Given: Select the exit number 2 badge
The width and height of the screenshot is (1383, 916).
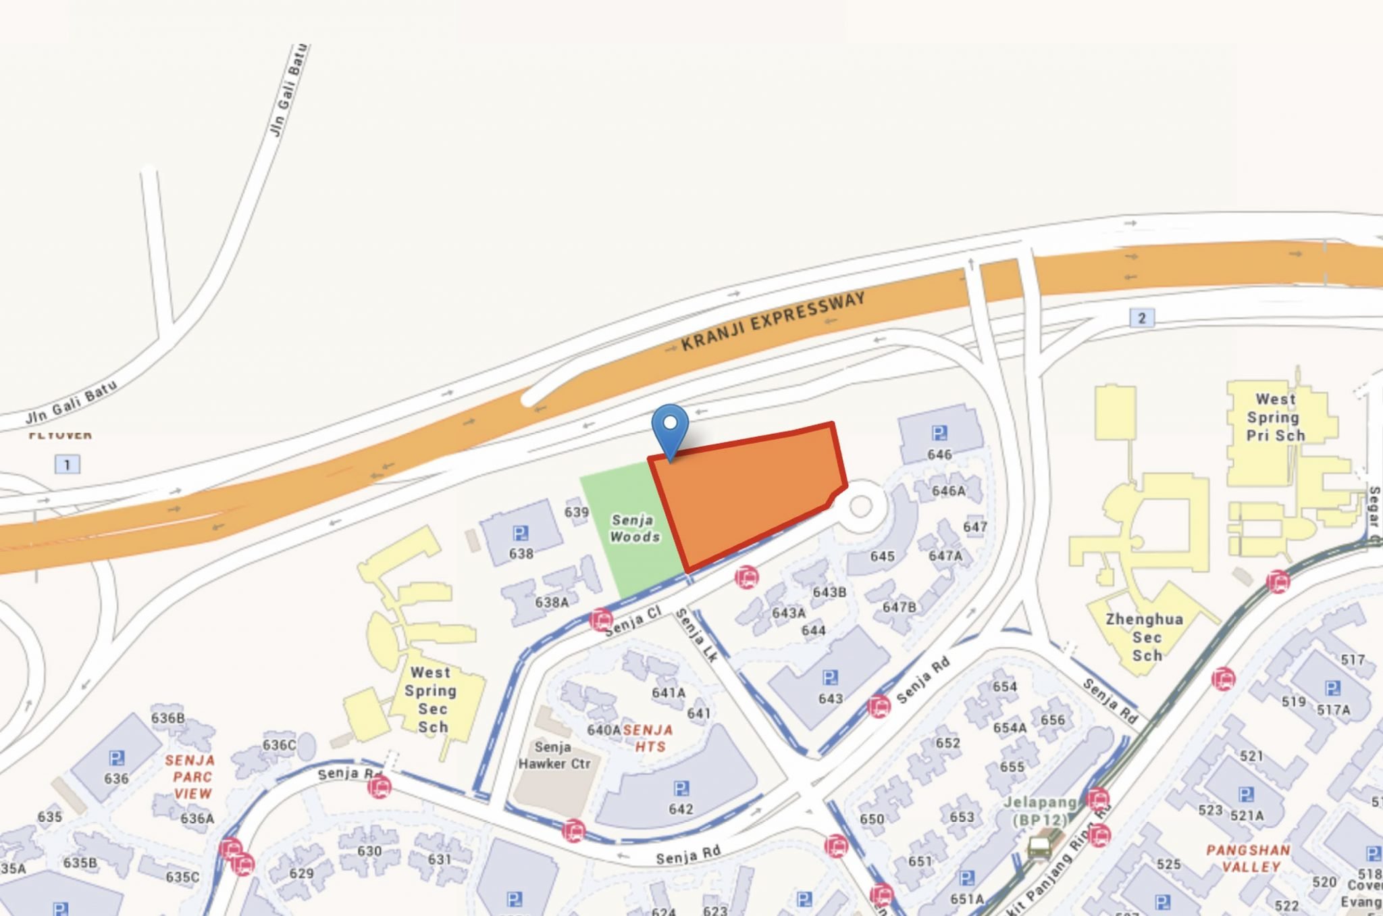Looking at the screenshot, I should click(x=1141, y=318).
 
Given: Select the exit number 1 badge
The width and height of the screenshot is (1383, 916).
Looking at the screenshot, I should click(x=67, y=465).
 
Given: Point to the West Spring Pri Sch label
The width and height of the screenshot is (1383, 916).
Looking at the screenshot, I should click(x=1274, y=417).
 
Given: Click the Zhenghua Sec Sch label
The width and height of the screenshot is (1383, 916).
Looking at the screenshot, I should click(x=1145, y=637).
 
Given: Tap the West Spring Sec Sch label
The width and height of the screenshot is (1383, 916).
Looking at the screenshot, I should click(x=431, y=700).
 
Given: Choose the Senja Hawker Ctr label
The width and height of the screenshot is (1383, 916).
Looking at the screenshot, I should click(x=554, y=755).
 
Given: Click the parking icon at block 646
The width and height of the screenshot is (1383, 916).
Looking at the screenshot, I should click(x=939, y=433).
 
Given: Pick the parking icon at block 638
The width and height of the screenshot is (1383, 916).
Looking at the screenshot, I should click(x=520, y=534).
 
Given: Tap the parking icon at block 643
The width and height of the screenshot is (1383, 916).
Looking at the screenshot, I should click(x=830, y=678).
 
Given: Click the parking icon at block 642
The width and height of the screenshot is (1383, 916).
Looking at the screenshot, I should click(x=681, y=788).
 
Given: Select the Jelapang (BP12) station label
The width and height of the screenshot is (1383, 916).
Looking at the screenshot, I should click(x=1040, y=811).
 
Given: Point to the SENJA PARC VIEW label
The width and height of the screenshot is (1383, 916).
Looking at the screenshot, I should click(x=191, y=777).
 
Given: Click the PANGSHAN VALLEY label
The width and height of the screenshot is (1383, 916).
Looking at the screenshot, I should click(x=1249, y=858).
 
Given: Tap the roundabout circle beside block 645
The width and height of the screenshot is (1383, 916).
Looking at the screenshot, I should click(x=861, y=506).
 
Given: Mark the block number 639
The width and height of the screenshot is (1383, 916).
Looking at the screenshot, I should click(x=576, y=512).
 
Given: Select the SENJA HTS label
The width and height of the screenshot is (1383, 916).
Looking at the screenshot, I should click(x=648, y=738).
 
